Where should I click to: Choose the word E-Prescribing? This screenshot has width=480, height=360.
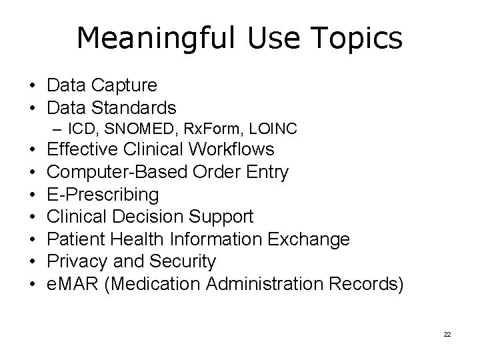(103, 194)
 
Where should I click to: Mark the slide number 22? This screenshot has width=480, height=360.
(447, 333)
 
